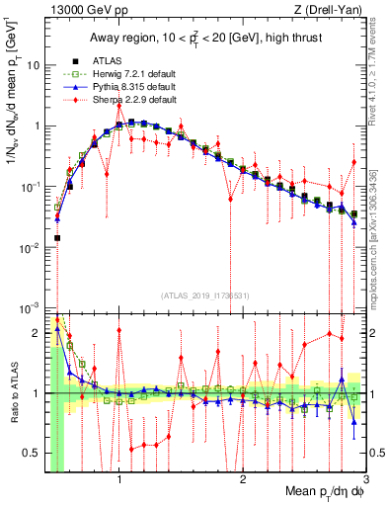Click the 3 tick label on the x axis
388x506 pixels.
[365, 479]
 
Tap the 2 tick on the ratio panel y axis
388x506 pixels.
[37, 333]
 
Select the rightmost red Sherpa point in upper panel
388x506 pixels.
[353, 161]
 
